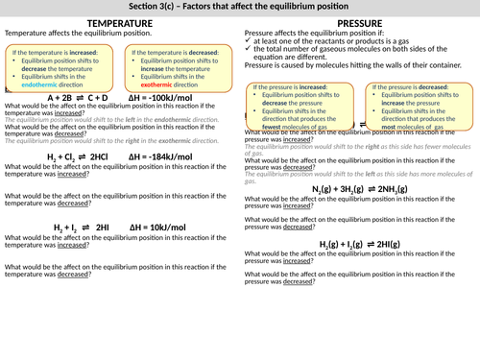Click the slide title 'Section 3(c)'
click(240, 7)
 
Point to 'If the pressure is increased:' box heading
click(292, 86)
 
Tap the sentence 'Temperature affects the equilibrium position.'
click(64, 33)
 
